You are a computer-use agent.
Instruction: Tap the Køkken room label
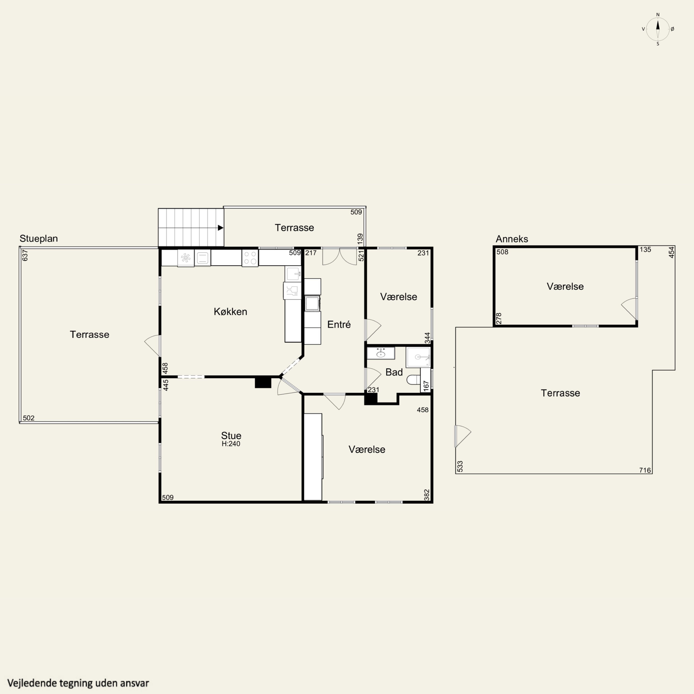coord(230,311)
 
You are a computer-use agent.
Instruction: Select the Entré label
coord(339,324)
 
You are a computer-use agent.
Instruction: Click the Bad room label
coord(394,372)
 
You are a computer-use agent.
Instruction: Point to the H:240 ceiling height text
coord(231,444)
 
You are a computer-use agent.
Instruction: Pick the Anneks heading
coord(512,239)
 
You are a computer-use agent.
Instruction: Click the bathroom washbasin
coord(381,353)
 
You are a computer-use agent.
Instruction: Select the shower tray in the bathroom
coord(418,357)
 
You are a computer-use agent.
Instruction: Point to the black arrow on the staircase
coord(220,228)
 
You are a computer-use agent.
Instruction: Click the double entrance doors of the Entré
coord(339,257)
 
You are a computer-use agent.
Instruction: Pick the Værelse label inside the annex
coord(565,286)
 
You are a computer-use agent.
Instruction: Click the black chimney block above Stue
coord(263,382)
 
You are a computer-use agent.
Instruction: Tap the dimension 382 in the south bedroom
coord(427,495)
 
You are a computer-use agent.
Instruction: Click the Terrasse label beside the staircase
coord(294,227)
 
